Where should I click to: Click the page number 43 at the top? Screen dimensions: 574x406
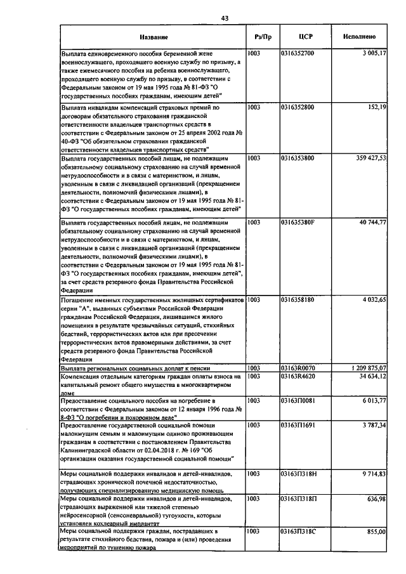pos(225,18)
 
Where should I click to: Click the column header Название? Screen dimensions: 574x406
pos(153,37)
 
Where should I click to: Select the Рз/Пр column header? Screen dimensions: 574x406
pos(261,37)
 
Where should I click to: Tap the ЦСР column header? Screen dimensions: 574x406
pos(303,37)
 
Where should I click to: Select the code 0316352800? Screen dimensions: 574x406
pos(297,108)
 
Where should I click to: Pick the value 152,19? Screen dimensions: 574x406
pos(377,108)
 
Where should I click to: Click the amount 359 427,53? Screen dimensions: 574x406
pos(369,157)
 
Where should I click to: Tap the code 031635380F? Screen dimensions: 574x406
pos(297,223)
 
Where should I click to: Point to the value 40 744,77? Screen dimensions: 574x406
pos(371,223)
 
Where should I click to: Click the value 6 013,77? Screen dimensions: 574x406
pos(373,401)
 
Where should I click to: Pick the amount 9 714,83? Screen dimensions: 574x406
pos(373,474)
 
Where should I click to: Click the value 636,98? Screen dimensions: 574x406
pos(376,499)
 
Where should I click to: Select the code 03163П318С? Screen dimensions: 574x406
pos(298,531)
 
